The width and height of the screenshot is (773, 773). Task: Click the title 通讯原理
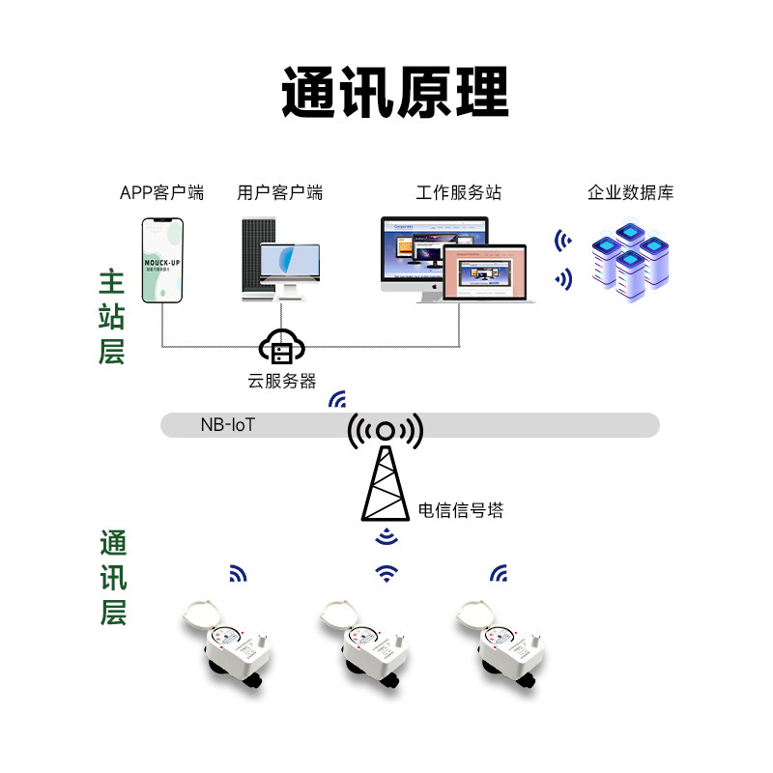click(x=394, y=94)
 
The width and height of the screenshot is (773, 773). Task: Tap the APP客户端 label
click(x=161, y=192)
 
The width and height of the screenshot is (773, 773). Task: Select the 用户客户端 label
click(x=280, y=192)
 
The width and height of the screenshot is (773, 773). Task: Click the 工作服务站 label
click(x=459, y=192)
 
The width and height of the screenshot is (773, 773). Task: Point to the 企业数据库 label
click(x=631, y=192)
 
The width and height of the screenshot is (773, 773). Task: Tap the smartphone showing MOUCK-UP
click(x=162, y=260)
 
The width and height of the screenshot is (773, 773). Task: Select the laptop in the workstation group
click(x=475, y=273)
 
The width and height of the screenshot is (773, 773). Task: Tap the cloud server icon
click(x=281, y=349)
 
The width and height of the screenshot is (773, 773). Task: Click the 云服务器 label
click(x=281, y=381)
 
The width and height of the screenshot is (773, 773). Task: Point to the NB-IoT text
click(x=228, y=424)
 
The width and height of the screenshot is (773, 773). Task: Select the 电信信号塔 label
click(x=461, y=509)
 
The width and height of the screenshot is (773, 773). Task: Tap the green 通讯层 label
click(x=112, y=578)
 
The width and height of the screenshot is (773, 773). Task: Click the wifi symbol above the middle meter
click(x=386, y=573)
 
